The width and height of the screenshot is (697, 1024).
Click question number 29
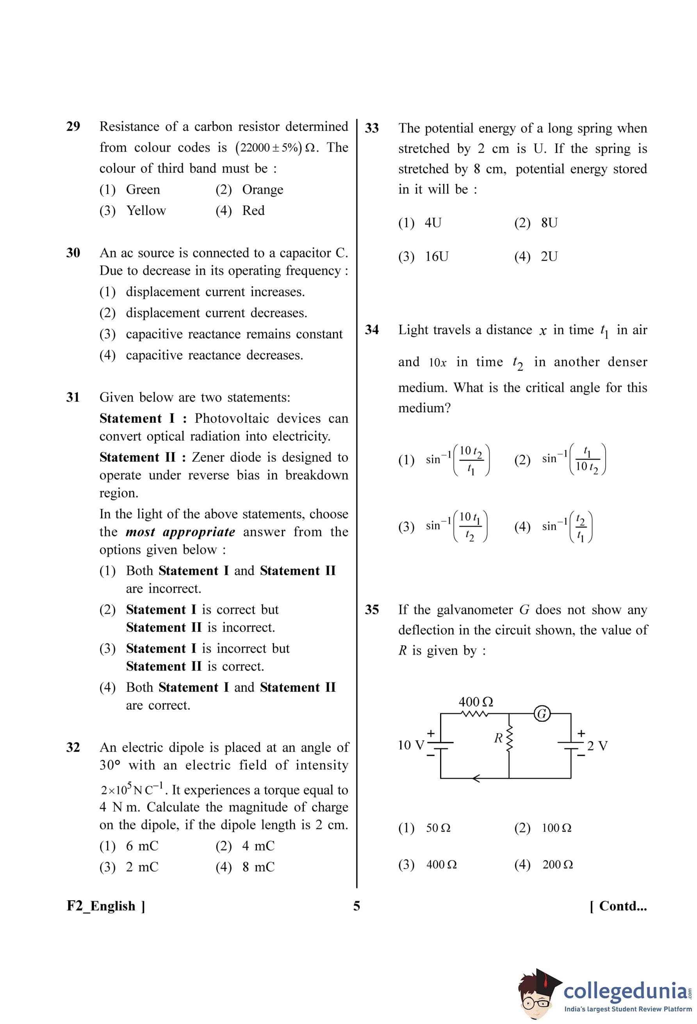[x=73, y=126]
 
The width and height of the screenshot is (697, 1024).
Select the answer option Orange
[x=262, y=189]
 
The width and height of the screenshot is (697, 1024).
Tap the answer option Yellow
[x=146, y=210]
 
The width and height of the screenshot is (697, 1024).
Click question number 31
[x=73, y=397]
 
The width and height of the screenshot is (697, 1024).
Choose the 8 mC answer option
[x=258, y=867]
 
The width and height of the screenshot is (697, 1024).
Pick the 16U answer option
[x=436, y=256]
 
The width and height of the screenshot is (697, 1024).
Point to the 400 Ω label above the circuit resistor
[x=476, y=702]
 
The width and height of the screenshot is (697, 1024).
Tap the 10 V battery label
[x=411, y=745]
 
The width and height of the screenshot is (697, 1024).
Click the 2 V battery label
[x=597, y=746]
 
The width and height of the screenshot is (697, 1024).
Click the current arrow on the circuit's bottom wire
[x=476, y=778]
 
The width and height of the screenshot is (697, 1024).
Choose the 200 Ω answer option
[x=557, y=864]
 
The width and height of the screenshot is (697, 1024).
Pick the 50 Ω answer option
[x=438, y=828]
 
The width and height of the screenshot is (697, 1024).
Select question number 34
[x=372, y=329]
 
